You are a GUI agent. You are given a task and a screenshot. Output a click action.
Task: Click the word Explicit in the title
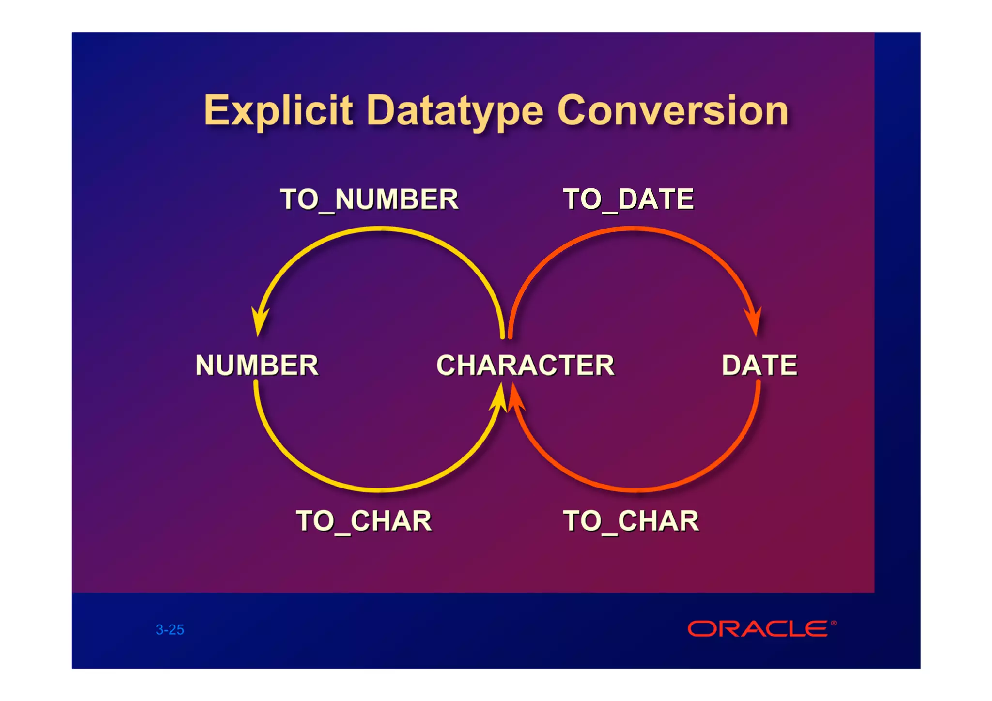pyautogui.click(x=278, y=111)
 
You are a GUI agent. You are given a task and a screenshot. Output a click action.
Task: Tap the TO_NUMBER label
pyautogui.click(x=369, y=199)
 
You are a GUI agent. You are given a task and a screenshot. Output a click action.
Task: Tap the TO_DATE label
pyautogui.click(x=628, y=199)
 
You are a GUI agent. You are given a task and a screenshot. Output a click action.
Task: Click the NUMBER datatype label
pyautogui.click(x=257, y=365)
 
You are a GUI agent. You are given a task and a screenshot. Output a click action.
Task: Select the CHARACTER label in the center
pyautogui.click(x=525, y=365)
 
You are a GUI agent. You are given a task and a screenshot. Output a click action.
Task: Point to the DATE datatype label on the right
pyautogui.click(x=759, y=365)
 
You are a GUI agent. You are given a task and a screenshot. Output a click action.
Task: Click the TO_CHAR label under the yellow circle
pyautogui.click(x=364, y=521)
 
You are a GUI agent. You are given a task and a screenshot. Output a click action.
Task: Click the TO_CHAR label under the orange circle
pyautogui.click(x=631, y=521)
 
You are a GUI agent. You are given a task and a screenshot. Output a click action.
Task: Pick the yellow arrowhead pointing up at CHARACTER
pyautogui.click(x=499, y=398)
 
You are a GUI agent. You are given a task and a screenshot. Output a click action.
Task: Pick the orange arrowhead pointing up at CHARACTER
pyautogui.click(x=515, y=398)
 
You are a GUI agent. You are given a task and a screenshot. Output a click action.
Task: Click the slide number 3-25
pyautogui.click(x=170, y=630)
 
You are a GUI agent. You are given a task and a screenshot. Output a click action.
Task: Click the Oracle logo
pyautogui.click(x=758, y=629)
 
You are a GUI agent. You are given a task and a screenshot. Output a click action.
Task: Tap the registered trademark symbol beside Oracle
pyautogui.click(x=833, y=623)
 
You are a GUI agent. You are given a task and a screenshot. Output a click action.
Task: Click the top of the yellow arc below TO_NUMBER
pyautogui.click(x=380, y=229)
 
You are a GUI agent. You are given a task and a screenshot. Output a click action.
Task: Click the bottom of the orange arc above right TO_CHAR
pyautogui.click(x=635, y=490)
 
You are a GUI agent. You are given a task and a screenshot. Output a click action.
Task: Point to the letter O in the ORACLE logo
pyautogui.click(x=701, y=629)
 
